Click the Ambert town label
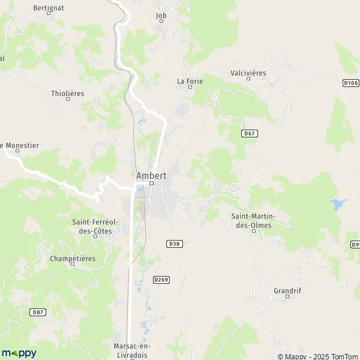click(x=151, y=175)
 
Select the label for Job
click(x=161, y=16)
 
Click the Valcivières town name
click(x=248, y=73)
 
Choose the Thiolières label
click(x=68, y=94)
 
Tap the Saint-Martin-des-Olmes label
click(x=251, y=220)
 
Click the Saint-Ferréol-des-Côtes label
click(x=96, y=226)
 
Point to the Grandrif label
click(x=287, y=290)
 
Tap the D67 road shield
click(x=250, y=133)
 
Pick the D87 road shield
click(x=37, y=312)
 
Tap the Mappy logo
click(x=19, y=353)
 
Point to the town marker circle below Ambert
click(x=151, y=184)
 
